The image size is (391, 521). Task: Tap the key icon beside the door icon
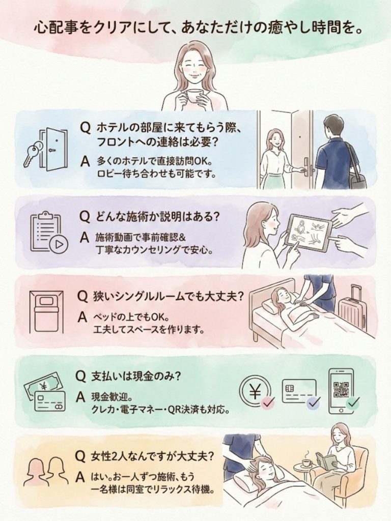[x=33, y=153]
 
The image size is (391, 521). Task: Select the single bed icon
[x=46, y=312]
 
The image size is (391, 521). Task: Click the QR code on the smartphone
[x=341, y=389]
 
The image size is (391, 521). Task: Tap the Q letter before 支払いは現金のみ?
[x=80, y=376]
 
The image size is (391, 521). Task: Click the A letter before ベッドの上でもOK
[x=82, y=317]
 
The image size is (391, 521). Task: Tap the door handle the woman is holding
[x=305, y=170]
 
